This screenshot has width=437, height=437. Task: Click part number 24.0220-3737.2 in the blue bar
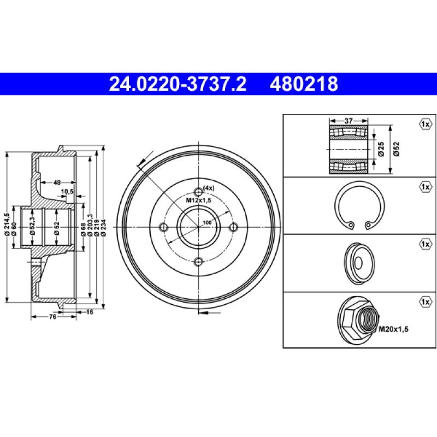[x=178, y=84]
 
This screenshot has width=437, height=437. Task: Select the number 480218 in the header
[x=304, y=84]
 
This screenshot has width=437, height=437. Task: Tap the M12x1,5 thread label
[x=199, y=200]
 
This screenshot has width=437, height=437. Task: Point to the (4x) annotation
[x=209, y=188]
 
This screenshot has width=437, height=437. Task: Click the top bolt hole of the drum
[x=198, y=192]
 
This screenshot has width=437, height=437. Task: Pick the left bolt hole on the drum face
[x=163, y=227]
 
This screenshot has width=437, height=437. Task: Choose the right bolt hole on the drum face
[x=234, y=227]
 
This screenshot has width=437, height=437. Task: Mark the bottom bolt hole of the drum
[x=198, y=262]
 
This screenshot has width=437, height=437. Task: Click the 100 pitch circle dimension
[x=207, y=223]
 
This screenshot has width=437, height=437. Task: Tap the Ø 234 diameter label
[x=103, y=228]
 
